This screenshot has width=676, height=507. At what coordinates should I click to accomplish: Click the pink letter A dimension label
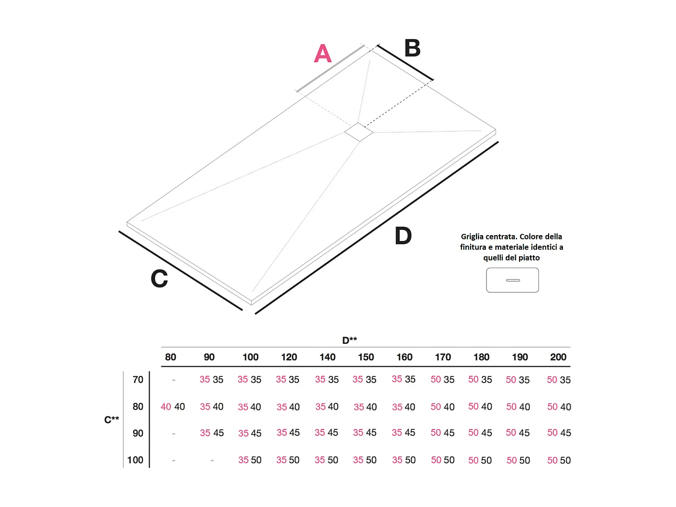click(323, 54)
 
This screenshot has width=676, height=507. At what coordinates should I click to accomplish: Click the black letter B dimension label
click(412, 48)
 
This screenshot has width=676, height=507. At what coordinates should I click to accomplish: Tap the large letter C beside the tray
click(159, 279)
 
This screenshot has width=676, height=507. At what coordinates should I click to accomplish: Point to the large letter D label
click(403, 236)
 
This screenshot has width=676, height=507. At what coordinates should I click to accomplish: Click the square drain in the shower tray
click(359, 132)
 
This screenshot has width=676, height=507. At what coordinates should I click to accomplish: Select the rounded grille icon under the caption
click(512, 280)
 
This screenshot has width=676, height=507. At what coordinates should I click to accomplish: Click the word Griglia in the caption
click(473, 237)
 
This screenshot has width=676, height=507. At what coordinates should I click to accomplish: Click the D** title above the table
click(349, 340)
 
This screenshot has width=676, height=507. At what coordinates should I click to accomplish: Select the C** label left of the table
click(111, 420)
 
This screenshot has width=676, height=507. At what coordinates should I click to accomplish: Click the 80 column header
click(170, 357)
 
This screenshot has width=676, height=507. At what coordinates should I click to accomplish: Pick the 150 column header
click(366, 357)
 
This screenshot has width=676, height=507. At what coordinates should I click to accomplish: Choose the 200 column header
click(558, 357)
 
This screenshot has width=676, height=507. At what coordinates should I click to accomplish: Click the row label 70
click(138, 380)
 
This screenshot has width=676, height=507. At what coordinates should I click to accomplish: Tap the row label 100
click(135, 460)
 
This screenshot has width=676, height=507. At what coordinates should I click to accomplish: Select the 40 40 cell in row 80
click(173, 407)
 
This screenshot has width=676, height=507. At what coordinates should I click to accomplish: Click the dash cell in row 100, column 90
click(212, 461)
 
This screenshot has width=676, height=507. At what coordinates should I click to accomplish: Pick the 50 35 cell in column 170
click(442, 380)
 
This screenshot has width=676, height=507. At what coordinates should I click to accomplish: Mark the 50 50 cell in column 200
click(559, 461)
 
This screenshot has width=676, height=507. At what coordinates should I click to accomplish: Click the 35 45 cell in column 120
click(288, 433)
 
